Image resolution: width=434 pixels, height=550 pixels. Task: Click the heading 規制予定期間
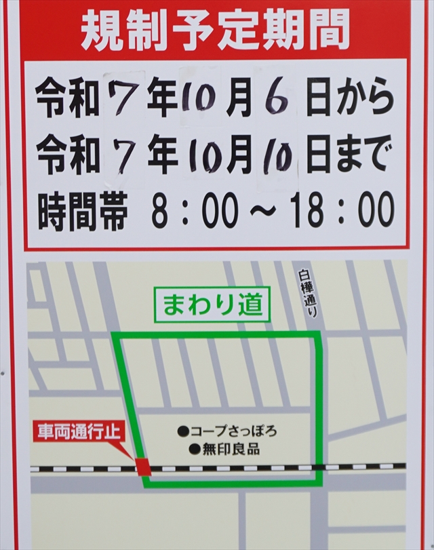click(216, 31)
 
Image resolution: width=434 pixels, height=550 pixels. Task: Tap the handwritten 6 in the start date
click(276, 101)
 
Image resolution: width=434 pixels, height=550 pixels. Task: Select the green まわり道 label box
click(212, 305)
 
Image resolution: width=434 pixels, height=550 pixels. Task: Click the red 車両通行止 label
click(79, 430)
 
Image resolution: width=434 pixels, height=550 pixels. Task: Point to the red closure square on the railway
click(143, 466)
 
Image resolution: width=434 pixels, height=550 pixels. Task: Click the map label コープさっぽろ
click(233, 430)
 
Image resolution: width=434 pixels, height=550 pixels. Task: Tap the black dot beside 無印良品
click(193, 448)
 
